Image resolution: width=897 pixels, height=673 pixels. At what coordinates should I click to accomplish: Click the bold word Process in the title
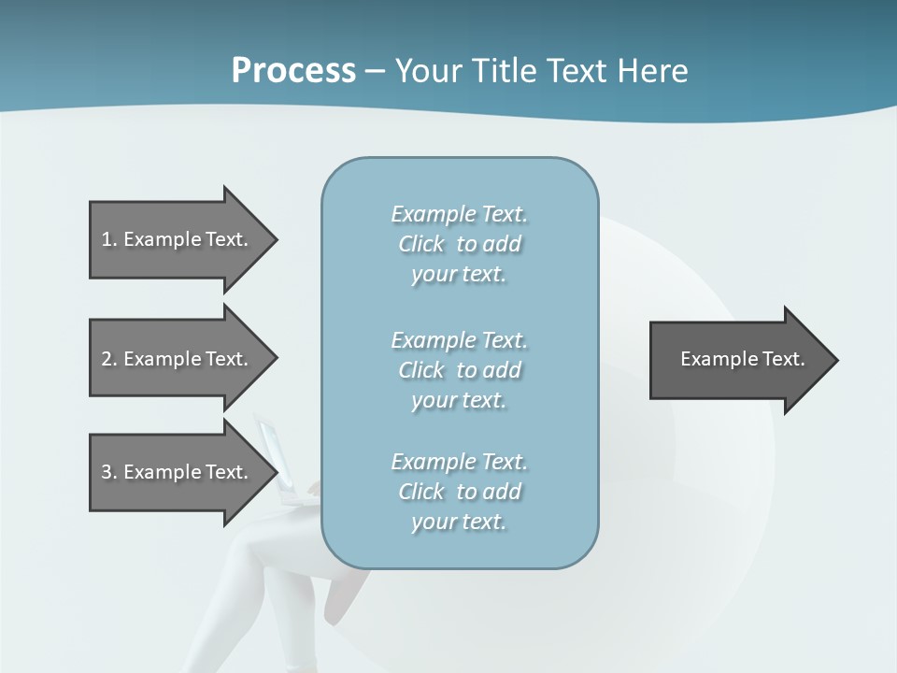pos(293,71)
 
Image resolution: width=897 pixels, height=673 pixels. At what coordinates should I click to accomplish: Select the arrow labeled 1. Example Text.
pos(178,239)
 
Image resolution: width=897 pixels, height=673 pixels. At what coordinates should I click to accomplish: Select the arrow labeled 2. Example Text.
pos(178,359)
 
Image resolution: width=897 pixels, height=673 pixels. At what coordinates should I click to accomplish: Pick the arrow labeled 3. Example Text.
pos(178,472)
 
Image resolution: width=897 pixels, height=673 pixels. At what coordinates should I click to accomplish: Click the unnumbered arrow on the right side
pos(738,360)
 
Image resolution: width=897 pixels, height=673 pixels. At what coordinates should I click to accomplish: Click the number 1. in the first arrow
pos(109,239)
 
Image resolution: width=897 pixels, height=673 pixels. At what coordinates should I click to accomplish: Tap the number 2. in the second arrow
pos(109,359)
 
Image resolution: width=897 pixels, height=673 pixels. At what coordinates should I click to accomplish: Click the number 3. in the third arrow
pos(109,472)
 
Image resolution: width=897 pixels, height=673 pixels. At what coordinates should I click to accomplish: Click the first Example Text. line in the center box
pos(459,214)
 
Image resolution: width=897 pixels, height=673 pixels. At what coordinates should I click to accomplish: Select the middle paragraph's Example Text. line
pos(459,340)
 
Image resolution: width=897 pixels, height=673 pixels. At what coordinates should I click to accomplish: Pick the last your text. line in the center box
pos(459,522)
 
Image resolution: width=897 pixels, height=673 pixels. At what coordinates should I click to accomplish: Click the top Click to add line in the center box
pos(459,244)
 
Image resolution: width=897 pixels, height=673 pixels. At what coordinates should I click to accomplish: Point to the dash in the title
pos(375,71)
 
